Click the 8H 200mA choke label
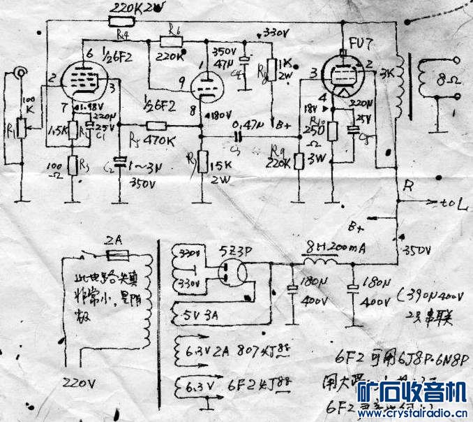coord(329,248)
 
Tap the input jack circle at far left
coord(19,71)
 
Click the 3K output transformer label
coord(387,73)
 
